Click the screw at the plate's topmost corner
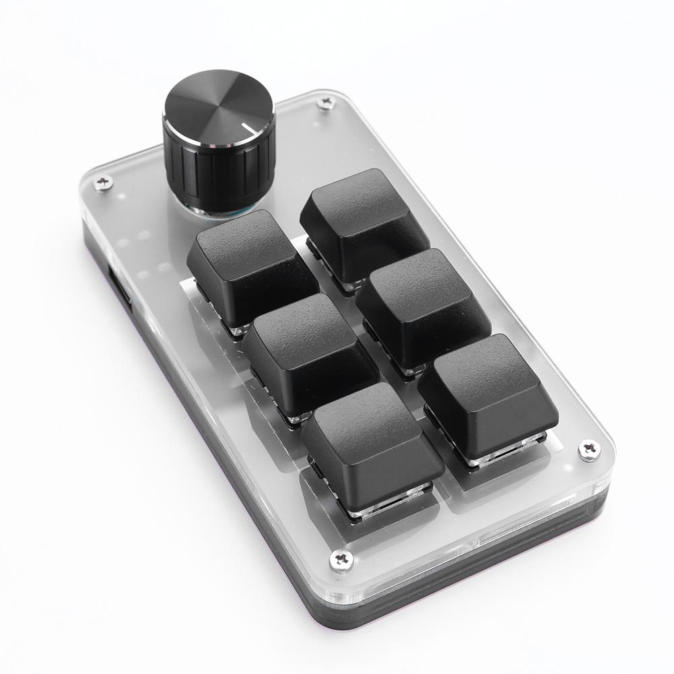pos(327,102)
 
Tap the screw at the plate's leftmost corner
pos(103,182)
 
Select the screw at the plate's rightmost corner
pos(589,449)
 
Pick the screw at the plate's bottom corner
pos(342,559)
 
